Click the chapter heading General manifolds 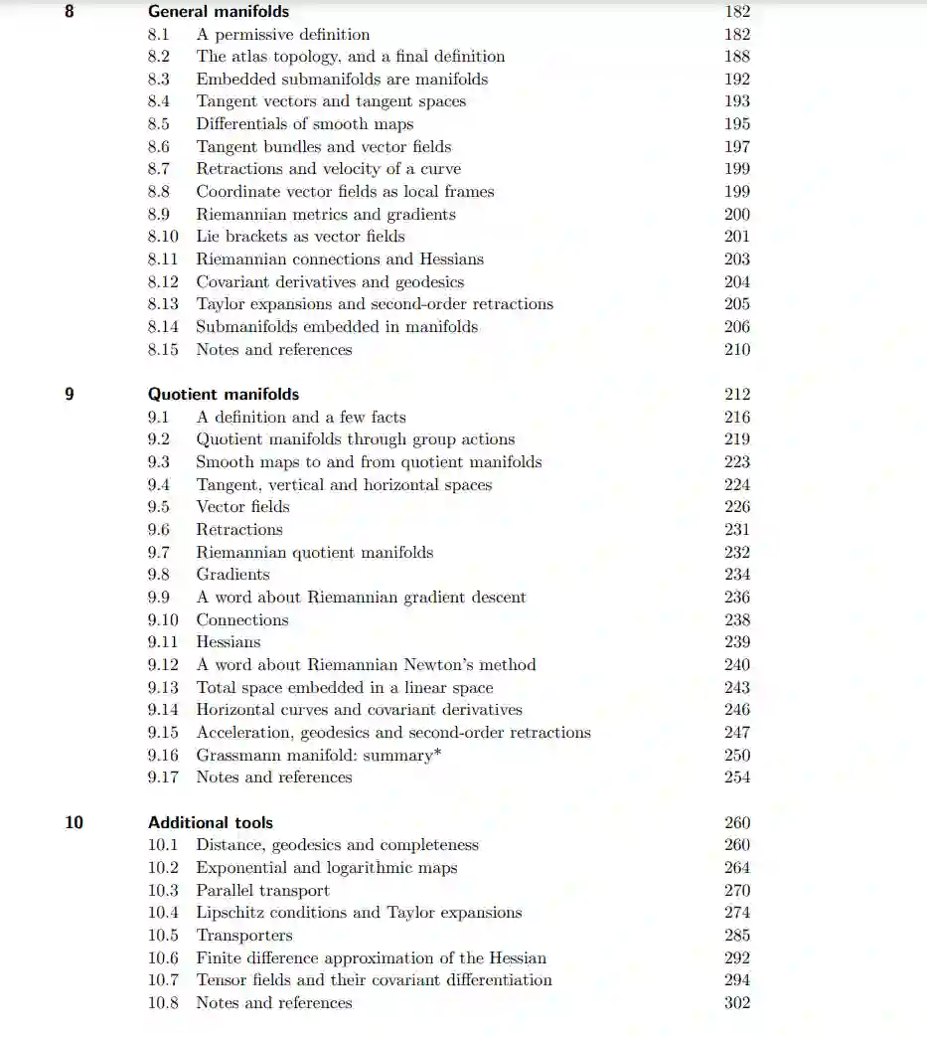(219, 12)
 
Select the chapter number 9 (69, 394)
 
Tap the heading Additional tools (211, 822)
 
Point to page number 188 (737, 57)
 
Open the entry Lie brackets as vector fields (300, 237)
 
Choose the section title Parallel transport (262, 891)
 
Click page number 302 (737, 1003)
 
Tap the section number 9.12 (163, 665)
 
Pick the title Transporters (244, 936)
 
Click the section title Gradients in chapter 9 (232, 575)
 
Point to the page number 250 (737, 756)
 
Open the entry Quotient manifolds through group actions (355, 439)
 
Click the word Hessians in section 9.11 (229, 642)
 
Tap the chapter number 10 (74, 822)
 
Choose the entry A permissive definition (283, 35)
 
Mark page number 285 (737, 936)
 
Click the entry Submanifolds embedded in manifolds (337, 327)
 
